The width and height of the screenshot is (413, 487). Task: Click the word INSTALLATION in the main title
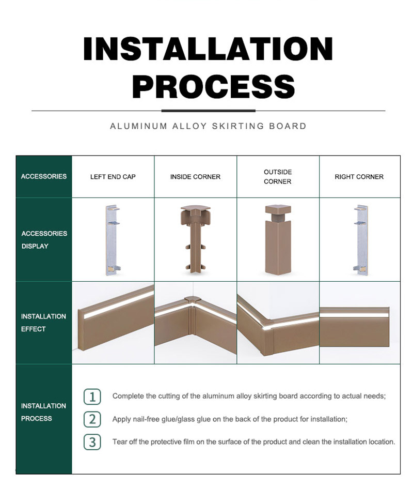[208, 49]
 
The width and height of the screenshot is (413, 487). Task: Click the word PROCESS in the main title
[214, 86]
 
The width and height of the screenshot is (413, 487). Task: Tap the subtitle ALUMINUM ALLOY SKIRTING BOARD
[208, 126]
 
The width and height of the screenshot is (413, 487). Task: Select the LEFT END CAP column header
[113, 177]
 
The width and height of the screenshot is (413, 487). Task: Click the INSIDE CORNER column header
[195, 177]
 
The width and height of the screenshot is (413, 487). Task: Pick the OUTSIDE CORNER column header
[278, 177]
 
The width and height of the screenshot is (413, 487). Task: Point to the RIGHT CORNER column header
[359, 177]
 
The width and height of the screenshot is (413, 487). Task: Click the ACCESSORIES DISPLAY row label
[44, 239]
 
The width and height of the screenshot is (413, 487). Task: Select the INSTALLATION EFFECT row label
[43, 323]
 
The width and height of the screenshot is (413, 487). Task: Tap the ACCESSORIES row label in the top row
[44, 176]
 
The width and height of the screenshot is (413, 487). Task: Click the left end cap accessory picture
[113, 240]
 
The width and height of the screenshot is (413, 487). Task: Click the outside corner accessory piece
[278, 239]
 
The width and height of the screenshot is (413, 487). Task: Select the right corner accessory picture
[361, 240]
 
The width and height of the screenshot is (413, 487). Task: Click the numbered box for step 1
[92, 397]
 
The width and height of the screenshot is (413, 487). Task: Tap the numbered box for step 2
[92, 419]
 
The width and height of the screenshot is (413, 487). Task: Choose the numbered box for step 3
[92, 442]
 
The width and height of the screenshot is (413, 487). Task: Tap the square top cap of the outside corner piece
[278, 209]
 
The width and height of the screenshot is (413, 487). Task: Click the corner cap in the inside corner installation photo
[193, 300]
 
